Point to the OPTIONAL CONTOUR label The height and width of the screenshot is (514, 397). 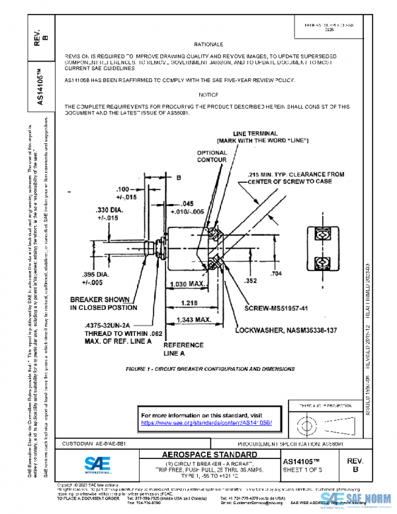[212, 156]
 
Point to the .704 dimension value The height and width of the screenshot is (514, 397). [276, 273]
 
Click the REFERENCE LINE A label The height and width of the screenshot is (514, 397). [183, 349]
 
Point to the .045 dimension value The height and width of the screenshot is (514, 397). [187, 203]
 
